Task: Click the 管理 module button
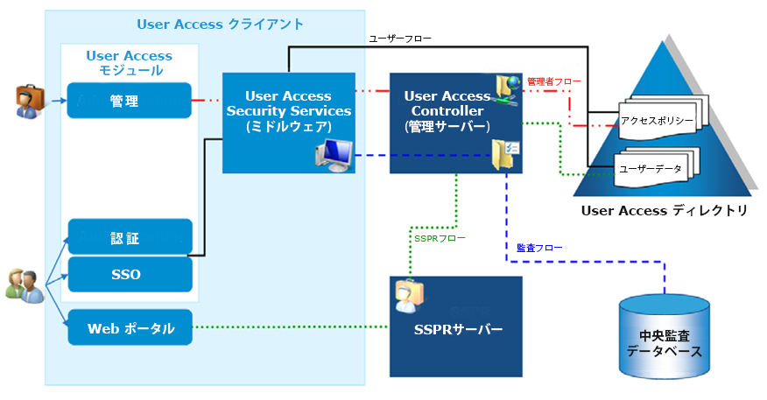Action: pyautogui.click(x=130, y=101)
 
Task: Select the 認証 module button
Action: pyautogui.click(x=130, y=237)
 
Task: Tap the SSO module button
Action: pyautogui.click(x=130, y=274)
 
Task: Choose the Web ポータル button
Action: pyautogui.click(x=130, y=329)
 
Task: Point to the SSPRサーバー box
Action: pyautogui.click(x=455, y=328)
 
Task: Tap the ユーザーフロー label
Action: pyautogui.click(x=400, y=39)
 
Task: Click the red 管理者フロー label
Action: pyautogui.click(x=548, y=81)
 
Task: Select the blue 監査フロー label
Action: pyautogui.click(x=539, y=248)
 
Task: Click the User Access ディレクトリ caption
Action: pyautogui.click(x=665, y=211)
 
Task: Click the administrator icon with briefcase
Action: pyautogui.click(x=29, y=101)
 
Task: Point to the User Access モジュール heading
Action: pyautogui.click(x=129, y=62)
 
